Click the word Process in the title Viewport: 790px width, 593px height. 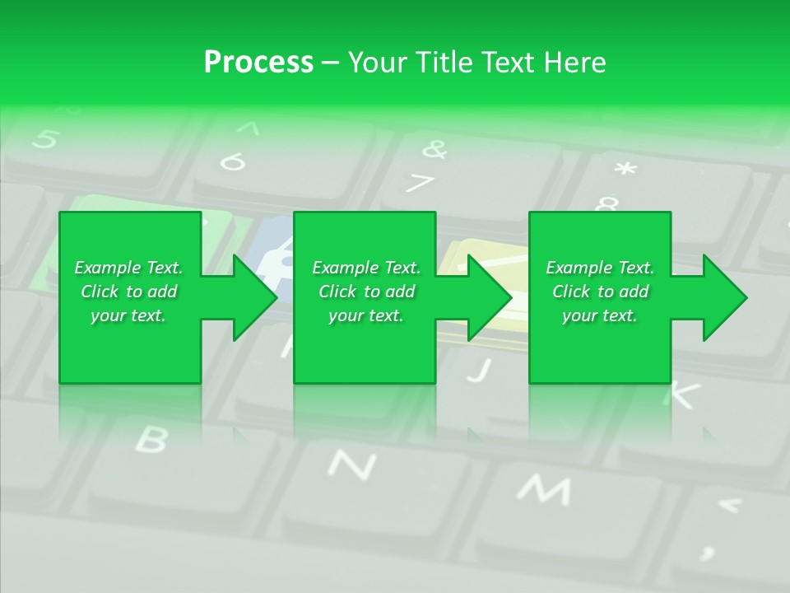tap(258, 63)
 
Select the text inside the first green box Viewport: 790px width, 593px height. tap(129, 292)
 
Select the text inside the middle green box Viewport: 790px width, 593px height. tap(366, 292)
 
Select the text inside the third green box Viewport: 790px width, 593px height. tap(600, 292)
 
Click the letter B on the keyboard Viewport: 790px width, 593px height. tap(151, 440)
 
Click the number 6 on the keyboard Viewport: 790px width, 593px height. tap(233, 162)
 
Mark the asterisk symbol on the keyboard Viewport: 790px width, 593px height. tap(625, 170)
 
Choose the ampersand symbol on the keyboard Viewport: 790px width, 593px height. tap(434, 149)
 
